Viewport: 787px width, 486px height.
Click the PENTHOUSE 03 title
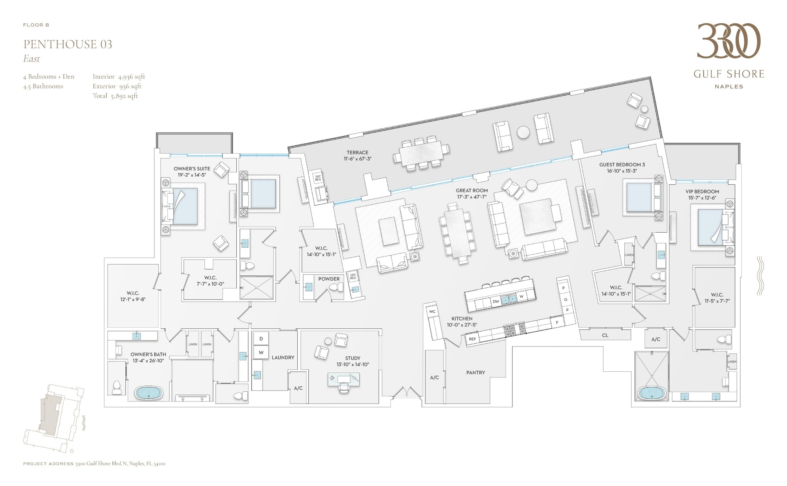[68, 44]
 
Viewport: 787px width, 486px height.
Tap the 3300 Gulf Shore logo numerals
[729, 41]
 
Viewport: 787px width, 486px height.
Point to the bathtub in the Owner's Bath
[148, 393]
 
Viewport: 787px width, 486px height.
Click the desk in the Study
[343, 379]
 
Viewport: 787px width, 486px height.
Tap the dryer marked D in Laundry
[261, 338]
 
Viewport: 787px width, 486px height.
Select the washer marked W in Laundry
[261, 352]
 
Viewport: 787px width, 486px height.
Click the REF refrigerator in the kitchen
[473, 339]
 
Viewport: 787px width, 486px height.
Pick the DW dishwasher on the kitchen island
[496, 302]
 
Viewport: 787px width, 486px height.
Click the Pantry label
[476, 373]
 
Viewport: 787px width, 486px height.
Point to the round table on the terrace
[523, 132]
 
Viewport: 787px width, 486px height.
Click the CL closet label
[605, 335]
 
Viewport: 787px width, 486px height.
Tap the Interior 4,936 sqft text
[119, 77]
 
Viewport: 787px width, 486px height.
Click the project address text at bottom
[94, 464]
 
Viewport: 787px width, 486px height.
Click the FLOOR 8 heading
[36, 25]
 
